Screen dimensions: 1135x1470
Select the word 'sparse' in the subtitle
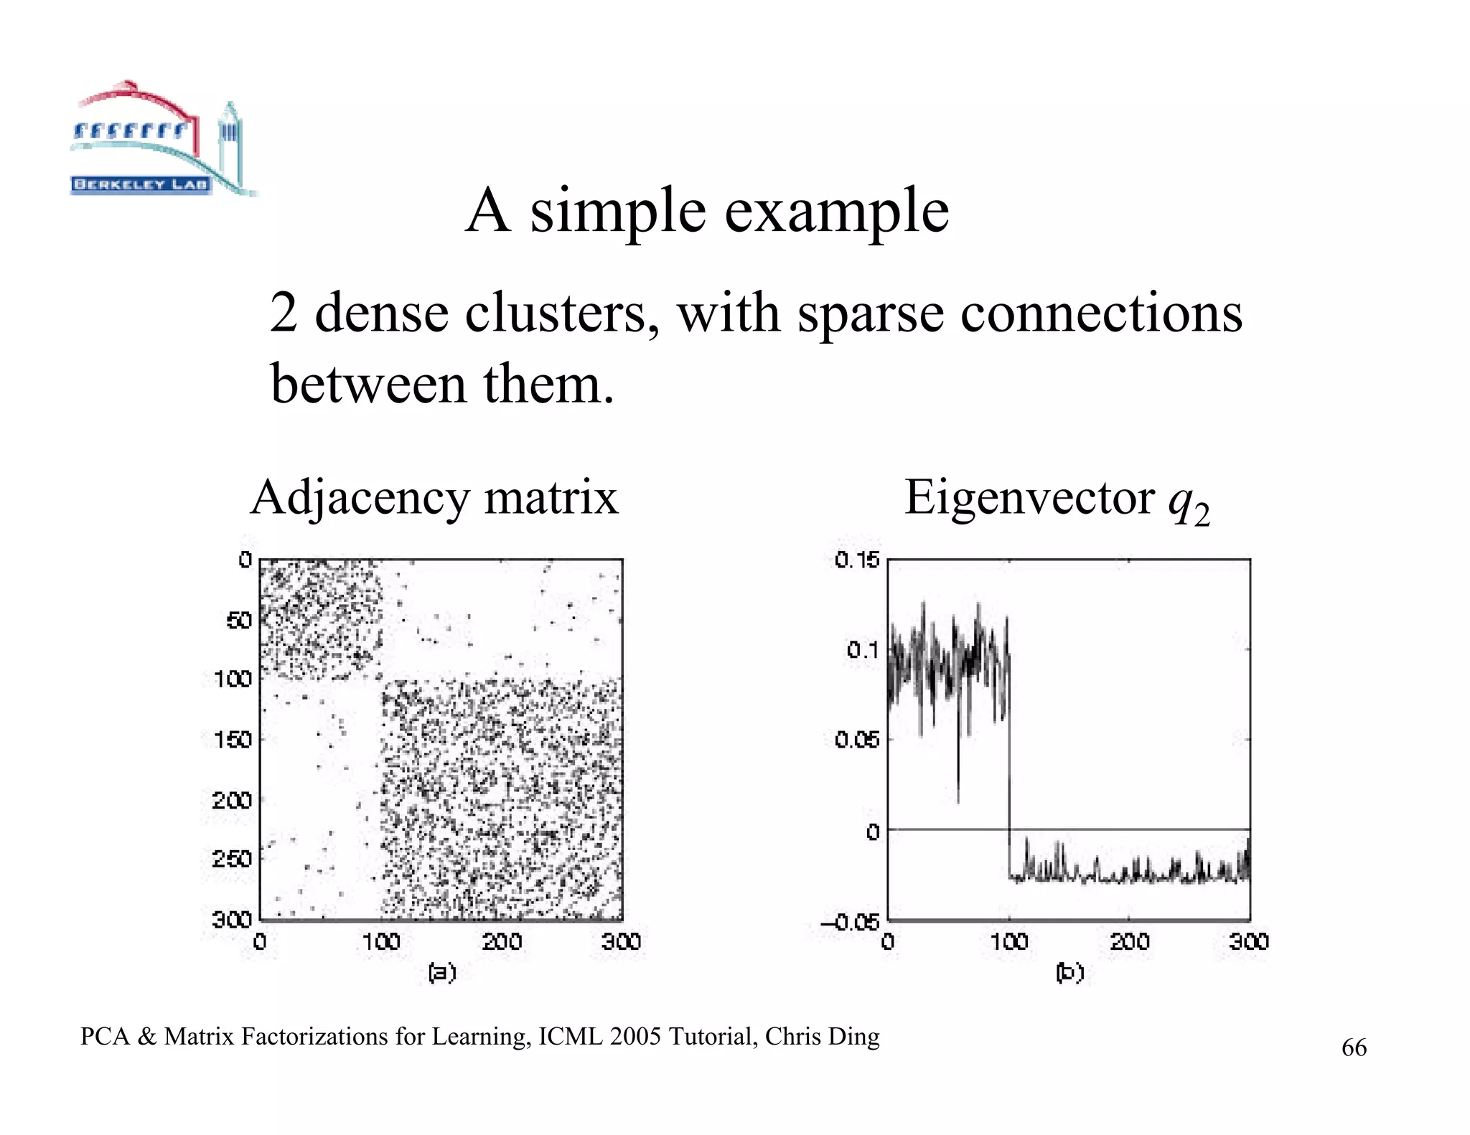[870, 314]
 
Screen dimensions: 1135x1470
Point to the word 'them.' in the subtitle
[548, 384]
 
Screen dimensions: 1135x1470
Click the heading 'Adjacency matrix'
[434, 497]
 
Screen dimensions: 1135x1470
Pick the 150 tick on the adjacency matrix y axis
[233, 740]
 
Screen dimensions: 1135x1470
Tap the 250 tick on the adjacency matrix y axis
[233, 859]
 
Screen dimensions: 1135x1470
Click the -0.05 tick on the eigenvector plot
[851, 922]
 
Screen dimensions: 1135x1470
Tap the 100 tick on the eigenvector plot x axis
[1008, 941]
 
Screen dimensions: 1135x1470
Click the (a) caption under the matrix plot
[441, 973]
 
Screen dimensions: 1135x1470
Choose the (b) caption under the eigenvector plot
[1069, 973]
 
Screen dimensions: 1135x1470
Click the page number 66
[1354, 1048]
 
